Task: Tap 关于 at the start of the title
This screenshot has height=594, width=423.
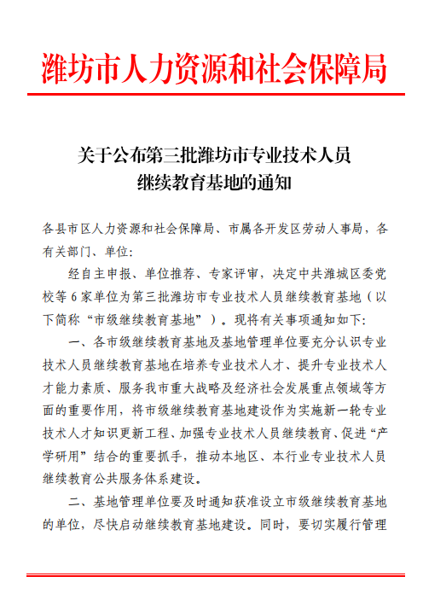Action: click(x=90, y=155)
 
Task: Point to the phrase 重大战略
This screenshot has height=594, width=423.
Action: click(x=193, y=387)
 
